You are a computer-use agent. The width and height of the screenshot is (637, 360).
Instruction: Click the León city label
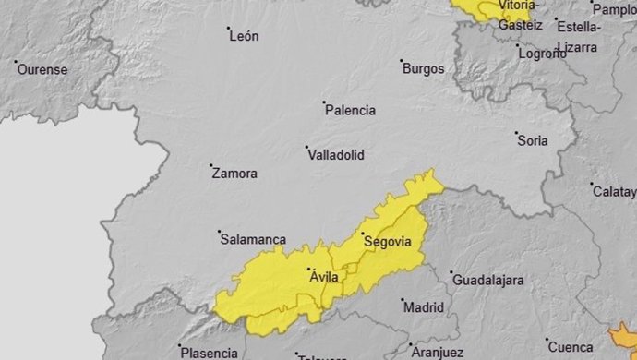pos(245,37)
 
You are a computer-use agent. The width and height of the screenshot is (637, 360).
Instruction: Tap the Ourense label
pos(44,69)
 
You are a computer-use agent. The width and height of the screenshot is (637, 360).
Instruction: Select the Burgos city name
pos(424,69)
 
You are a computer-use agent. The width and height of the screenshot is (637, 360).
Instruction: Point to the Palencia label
pos(351,111)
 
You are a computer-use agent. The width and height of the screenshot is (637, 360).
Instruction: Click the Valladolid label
pos(335,154)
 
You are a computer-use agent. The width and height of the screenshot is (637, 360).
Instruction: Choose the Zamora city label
pos(234,174)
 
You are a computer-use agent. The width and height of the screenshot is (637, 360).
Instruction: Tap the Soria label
pos(533,141)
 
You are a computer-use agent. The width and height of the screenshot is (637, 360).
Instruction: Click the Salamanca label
pos(253,239)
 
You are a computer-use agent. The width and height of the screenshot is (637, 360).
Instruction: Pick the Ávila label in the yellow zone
pos(323,277)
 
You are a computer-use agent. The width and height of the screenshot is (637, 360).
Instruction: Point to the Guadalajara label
pos(487,280)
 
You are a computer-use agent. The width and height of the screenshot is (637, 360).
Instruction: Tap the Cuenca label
pos(571,347)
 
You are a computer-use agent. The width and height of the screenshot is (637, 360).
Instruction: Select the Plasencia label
pos(209,352)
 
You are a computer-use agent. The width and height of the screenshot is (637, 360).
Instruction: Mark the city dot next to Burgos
pos(402,62)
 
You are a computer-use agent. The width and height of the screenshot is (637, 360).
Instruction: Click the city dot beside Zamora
pos(210,166)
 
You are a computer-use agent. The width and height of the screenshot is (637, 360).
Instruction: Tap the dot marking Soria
pos(516,134)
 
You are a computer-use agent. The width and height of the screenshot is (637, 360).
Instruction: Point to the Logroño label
pos(542,54)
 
